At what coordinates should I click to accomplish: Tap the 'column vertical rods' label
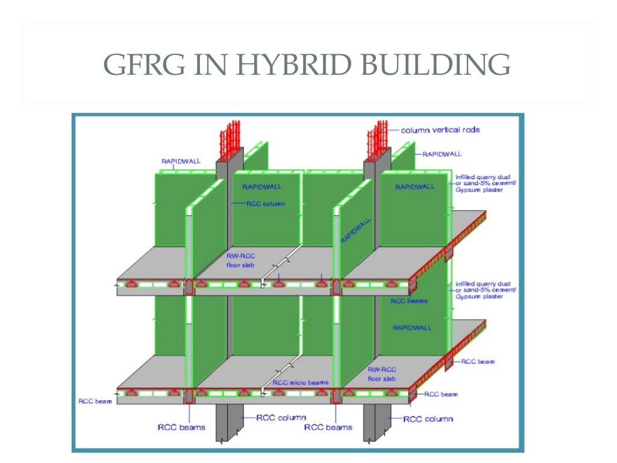point(440,130)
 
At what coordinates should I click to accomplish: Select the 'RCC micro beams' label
point(301,382)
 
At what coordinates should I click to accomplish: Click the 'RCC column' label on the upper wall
point(266,204)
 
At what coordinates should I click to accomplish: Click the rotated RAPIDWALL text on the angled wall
point(355,230)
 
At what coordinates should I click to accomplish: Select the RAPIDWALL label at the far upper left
point(181,161)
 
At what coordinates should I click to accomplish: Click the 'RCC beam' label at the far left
point(95,401)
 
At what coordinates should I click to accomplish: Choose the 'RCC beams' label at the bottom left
point(181,427)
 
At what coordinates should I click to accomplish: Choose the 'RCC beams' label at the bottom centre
point(328,427)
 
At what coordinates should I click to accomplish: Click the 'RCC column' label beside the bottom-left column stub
point(281,417)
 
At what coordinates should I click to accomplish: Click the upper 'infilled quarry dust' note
point(485,180)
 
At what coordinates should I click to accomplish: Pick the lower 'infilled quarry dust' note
point(485,290)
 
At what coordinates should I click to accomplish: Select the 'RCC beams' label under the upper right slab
point(409,301)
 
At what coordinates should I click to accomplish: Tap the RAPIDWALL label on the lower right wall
point(412,328)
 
